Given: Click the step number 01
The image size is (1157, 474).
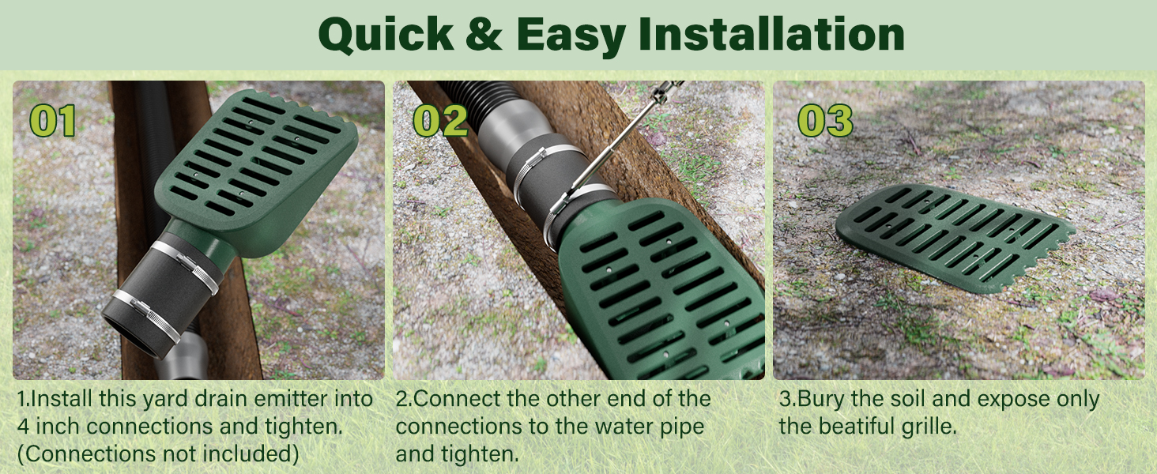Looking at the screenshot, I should (53, 121).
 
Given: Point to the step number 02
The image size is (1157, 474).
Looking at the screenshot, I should (440, 121).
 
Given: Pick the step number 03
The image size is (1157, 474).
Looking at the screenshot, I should (825, 121).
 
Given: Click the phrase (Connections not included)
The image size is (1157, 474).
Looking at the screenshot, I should (158, 453).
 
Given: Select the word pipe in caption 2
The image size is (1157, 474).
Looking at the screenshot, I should (677, 427).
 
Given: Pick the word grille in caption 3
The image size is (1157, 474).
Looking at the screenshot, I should (932, 427).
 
